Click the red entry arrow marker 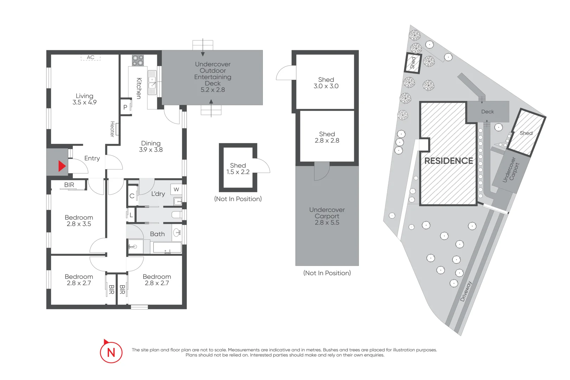point(62,166)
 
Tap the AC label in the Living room point(90,57)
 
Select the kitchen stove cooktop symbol point(138,61)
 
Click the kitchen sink point(152,82)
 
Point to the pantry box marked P point(125,107)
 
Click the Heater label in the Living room point(113,129)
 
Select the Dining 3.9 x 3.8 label point(151,146)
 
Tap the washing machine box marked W point(176,189)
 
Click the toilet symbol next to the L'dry point(176,215)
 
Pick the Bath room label point(157,234)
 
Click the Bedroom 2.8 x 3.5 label point(79,221)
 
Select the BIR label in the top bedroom point(69,185)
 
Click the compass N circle point(111,352)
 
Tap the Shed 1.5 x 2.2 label point(238,169)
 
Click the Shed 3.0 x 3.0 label point(326,83)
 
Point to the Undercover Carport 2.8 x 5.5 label point(327,216)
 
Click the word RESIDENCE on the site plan point(448,161)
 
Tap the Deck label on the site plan point(487,112)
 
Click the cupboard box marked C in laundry point(132,196)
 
